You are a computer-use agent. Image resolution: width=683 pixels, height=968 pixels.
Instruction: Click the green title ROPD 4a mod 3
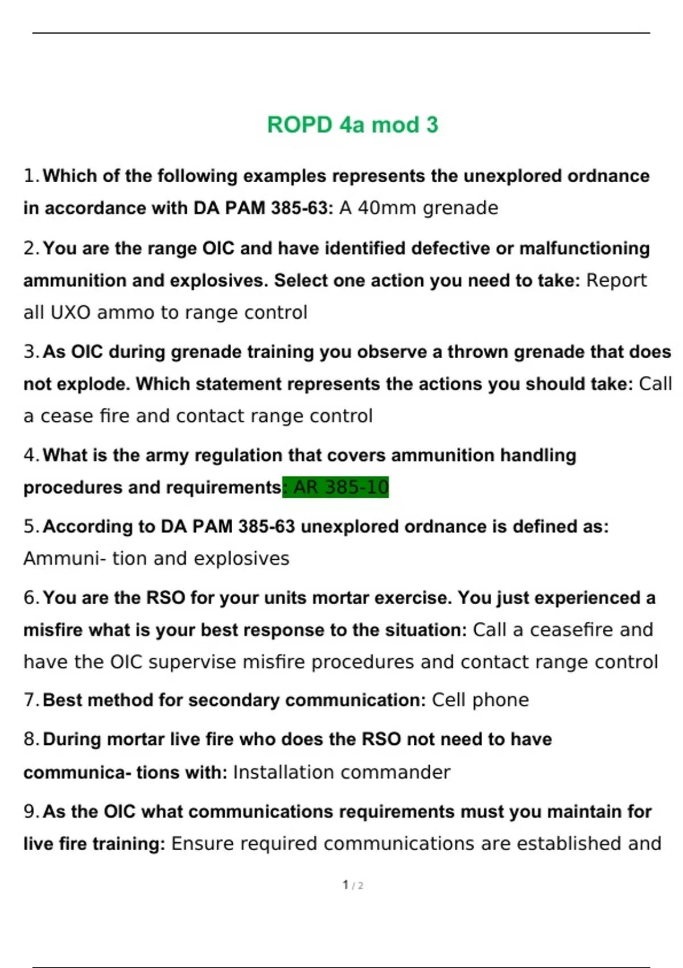coord(352,125)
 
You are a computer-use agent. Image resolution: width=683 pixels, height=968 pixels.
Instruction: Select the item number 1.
coord(30,176)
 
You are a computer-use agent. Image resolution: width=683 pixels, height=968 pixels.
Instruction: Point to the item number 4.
coord(30,456)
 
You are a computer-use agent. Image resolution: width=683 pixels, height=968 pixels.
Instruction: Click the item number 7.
coord(30,700)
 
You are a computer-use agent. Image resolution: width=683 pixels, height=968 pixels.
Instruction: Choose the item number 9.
coord(30,811)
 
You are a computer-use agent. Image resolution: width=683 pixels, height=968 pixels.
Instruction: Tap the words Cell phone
coord(480,700)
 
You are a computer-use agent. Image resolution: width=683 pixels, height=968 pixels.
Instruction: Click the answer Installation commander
coord(341,772)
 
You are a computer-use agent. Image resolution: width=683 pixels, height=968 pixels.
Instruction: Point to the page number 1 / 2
coord(353,885)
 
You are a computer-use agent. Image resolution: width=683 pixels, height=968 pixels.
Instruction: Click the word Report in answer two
coord(616,280)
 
